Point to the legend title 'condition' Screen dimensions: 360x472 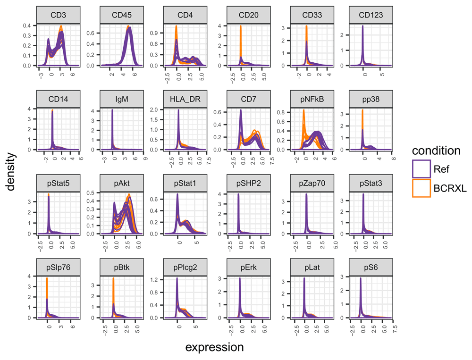coord(435,151)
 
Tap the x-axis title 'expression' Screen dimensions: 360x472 coord(214,348)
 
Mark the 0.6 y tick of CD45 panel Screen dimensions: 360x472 coord(94,33)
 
